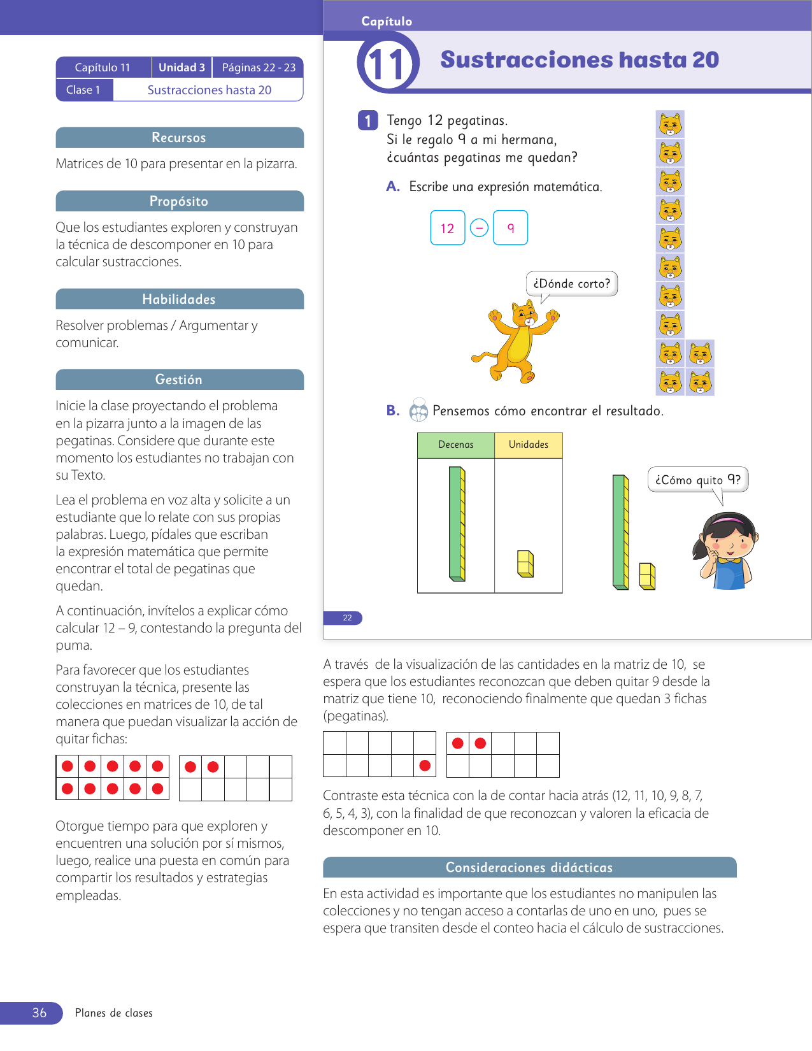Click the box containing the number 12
coord(448,228)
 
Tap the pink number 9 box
coord(510,228)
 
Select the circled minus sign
coord(479,228)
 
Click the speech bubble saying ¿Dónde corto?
coord(571,283)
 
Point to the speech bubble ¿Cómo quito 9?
coord(697,480)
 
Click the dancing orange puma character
coord(518,341)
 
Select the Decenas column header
coord(456,445)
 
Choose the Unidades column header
coord(529,445)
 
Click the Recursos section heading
coord(179,138)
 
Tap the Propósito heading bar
coord(179,201)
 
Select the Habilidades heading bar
coord(179,299)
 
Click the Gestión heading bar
coord(179,380)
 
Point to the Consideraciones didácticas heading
coord(529,868)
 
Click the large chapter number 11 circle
coord(388,64)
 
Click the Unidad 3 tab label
coord(182,68)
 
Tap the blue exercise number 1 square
coord(368,120)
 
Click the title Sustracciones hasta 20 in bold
coord(580,60)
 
